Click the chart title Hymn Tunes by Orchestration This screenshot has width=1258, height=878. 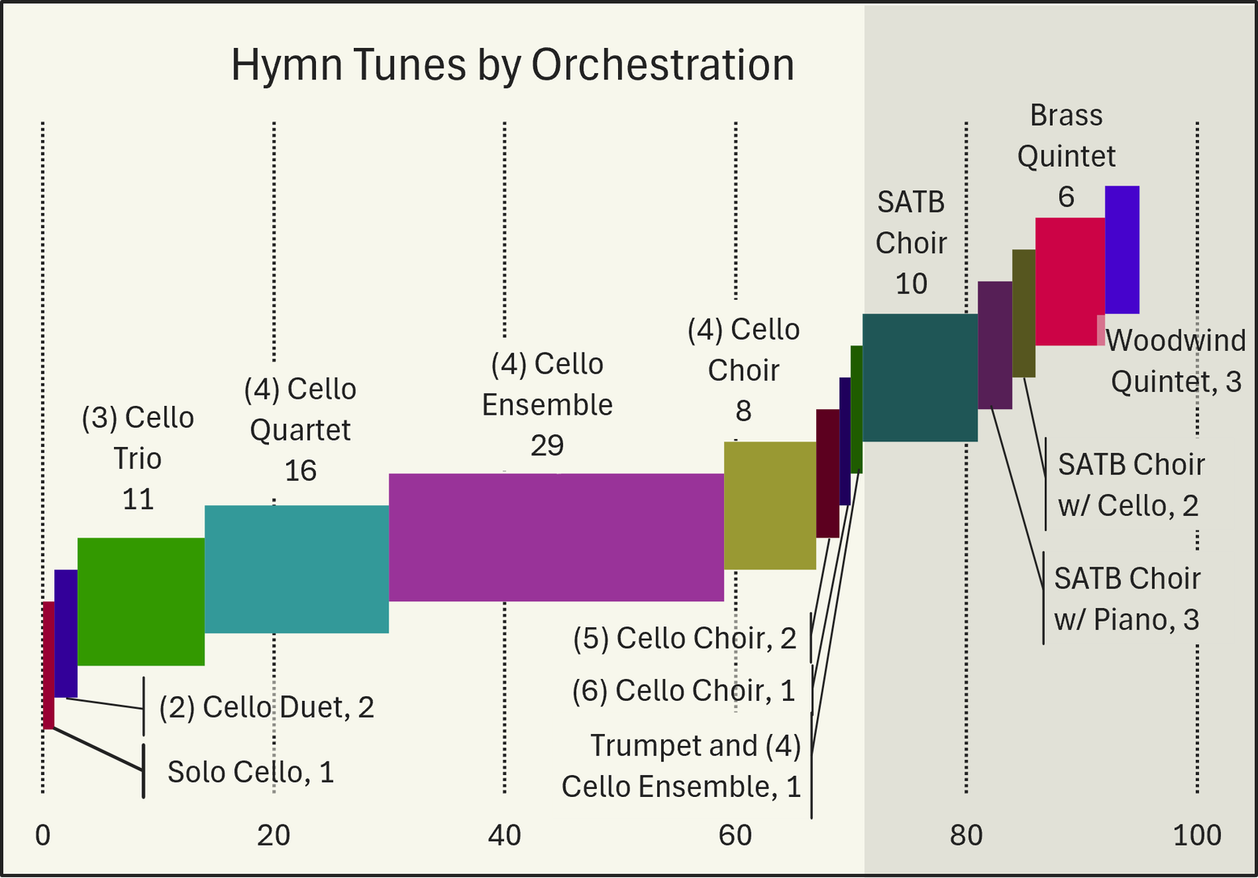click(513, 65)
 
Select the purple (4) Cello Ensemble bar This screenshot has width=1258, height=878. click(556, 537)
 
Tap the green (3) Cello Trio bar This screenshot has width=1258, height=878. click(141, 601)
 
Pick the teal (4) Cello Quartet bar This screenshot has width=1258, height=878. click(296, 569)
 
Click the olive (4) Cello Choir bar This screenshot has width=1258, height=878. click(770, 505)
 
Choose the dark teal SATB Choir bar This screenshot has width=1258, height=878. click(920, 378)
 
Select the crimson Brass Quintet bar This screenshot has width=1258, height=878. click(1069, 281)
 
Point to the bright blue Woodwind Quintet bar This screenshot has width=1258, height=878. click(1122, 249)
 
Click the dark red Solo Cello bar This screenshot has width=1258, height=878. click(48, 665)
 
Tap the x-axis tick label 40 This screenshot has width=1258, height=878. click(504, 836)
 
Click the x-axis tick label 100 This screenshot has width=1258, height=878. click(1197, 836)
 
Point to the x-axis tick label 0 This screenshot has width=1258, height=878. click(43, 836)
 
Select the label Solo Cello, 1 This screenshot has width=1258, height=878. click(251, 772)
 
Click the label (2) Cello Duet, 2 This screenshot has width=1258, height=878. click(267, 707)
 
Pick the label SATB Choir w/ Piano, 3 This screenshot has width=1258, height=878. click(1127, 599)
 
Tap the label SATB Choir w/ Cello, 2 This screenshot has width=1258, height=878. click(1131, 485)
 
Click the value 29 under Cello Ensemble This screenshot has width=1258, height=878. click(547, 446)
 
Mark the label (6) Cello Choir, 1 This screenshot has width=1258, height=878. click(683, 691)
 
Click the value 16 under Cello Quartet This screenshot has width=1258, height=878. click(300, 470)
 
